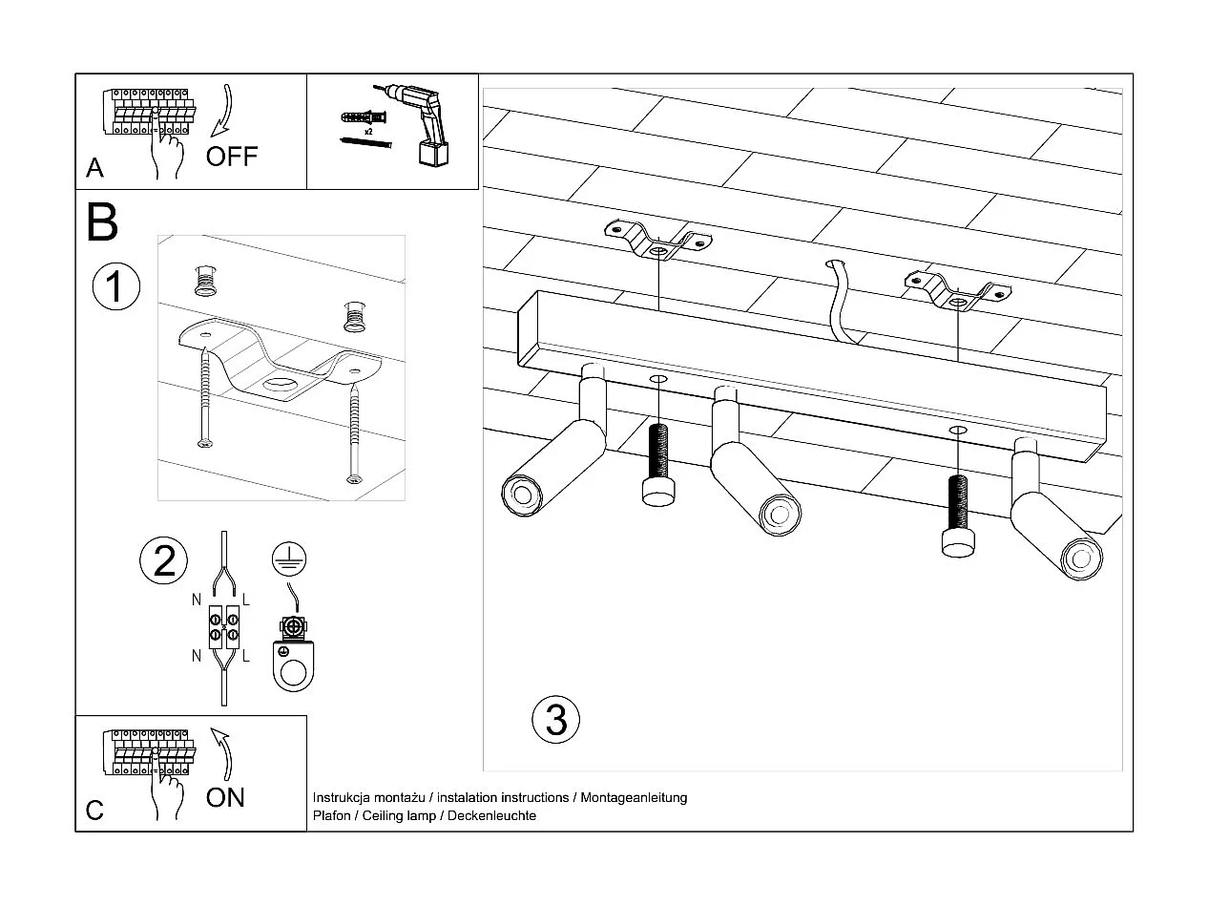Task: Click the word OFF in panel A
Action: (x=232, y=157)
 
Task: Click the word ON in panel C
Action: (x=225, y=798)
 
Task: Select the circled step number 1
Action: (x=116, y=286)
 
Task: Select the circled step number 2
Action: (x=163, y=560)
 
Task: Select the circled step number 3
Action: (x=556, y=720)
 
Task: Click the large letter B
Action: (x=102, y=221)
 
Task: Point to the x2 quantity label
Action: (x=368, y=132)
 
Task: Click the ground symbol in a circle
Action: (x=289, y=558)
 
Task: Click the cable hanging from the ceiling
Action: (x=840, y=302)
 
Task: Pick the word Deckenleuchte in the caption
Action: (x=491, y=815)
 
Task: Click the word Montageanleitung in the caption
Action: (x=634, y=797)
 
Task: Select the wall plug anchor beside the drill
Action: (x=364, y=117)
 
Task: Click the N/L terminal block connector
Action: (x=224, y=627)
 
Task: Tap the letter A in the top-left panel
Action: (x=94, y=168)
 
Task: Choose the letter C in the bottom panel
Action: (x=94, y=811)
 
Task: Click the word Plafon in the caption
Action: (x=331, y=815)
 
